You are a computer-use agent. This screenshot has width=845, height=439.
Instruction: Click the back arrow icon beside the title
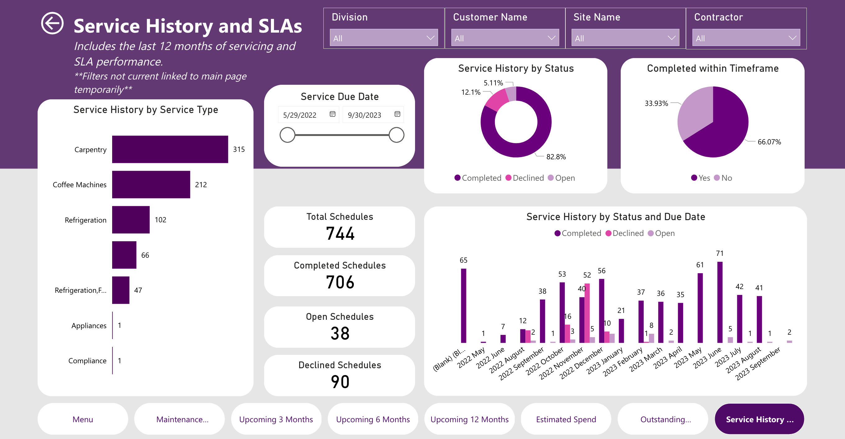pyautogui.click(x=52, y=23)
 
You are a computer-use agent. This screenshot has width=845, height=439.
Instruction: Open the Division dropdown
pyautogui.click(x=383, y=38)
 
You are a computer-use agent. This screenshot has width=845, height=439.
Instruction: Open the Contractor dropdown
pyautogui.click(x=746, y=38)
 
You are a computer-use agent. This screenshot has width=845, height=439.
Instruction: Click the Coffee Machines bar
pyautogui.click(x=151, y=185)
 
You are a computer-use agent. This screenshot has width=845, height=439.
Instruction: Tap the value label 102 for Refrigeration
pyautogui.click(x=160, y=220)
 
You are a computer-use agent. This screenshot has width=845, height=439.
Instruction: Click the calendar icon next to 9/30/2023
pyautogui.click(x=397, y=114)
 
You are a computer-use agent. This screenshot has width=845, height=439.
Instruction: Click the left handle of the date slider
pyautogui.click(x=287, y=135)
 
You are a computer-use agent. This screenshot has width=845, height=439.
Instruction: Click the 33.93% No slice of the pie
pyautogui.click(x=693, y=111)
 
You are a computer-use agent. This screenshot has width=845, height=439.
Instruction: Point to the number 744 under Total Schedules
pyautogui.click(x=340, y=233)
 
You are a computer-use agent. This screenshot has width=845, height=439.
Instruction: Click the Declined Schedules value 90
pyautogui.click(x=340, y=382)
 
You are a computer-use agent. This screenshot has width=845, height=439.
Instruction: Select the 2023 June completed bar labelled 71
pyautogui.click(x=720, y=302)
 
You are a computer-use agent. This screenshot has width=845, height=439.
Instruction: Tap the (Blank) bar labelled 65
pyautogui.click(x=463, y=305)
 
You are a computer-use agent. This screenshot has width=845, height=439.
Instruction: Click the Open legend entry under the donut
pyautogui.click(x=561, y=178)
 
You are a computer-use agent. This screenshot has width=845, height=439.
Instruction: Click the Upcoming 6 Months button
pyautogui.click(x=373, y=419)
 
